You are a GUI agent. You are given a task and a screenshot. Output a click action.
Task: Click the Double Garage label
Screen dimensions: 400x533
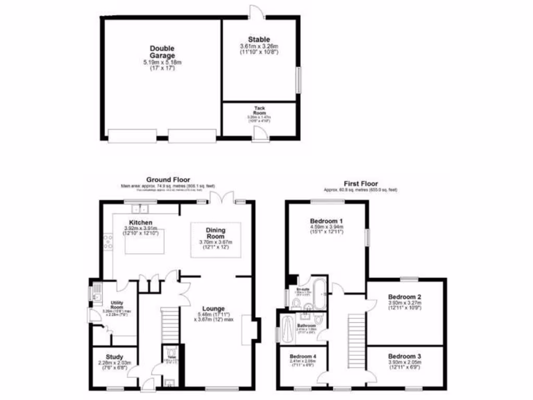(x=162, y=52)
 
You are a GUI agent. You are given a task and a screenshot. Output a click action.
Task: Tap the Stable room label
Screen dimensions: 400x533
(x=259, y=40)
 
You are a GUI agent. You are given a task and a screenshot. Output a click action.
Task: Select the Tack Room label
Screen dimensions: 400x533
(x=259, y=110)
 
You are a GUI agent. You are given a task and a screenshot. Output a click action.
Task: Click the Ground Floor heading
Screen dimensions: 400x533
(x=168, y=180)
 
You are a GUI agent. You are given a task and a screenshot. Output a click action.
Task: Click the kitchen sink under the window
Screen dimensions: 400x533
(x=139, y=208)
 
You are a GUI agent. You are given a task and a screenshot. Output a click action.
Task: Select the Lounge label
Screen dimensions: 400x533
(x=213, y=308)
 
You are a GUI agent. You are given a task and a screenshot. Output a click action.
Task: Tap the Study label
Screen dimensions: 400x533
(x=115, y=357)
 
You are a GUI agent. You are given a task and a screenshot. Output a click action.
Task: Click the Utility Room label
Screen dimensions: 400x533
(x=117, y=305)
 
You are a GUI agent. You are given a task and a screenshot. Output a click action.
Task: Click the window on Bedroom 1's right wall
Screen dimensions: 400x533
(x=367, y=237)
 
